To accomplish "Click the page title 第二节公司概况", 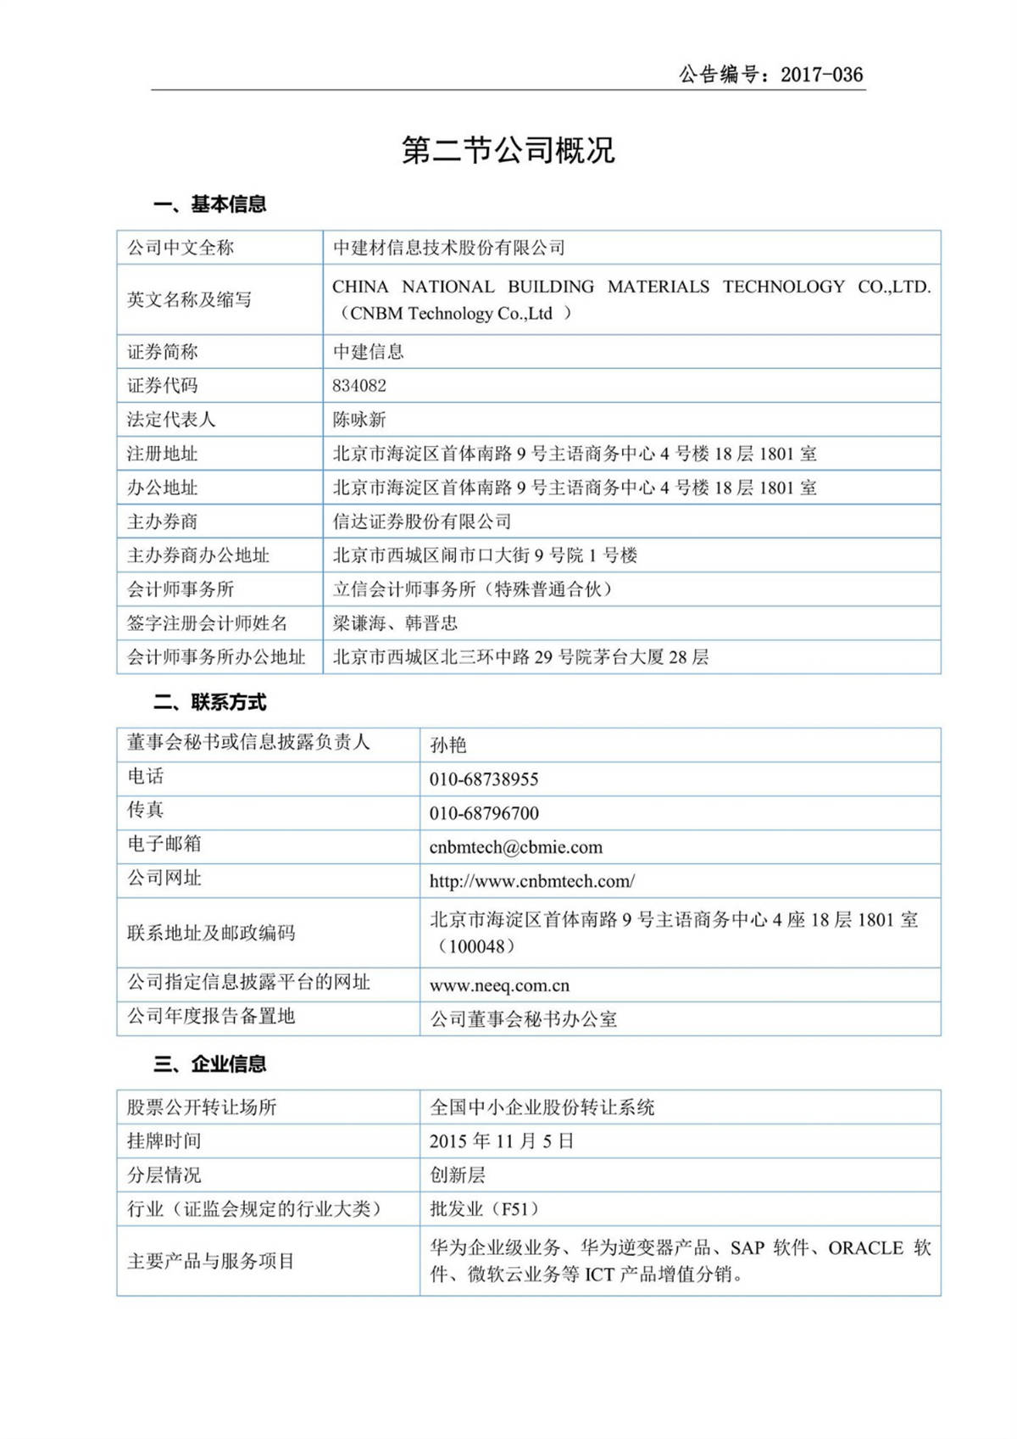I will pos(508,150).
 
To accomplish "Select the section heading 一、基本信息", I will pos(209,204).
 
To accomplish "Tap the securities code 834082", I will pos(359,386).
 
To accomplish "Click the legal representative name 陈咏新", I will pos(359,420).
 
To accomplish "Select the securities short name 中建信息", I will pos(368,352).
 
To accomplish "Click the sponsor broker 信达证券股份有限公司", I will pos(422,521).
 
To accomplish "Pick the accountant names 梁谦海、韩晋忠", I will pos(395,623).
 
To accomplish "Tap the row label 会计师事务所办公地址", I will pos(216,657).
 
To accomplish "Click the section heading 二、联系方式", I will pos(209,702).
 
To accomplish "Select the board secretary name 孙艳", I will pos(447,745).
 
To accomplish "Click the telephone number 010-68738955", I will pos(483,779).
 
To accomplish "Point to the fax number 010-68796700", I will pos(483,813).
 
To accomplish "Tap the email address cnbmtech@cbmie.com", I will pos(515,847).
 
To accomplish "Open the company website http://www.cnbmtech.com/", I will pos(531,881).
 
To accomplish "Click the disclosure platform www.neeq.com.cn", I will pos(499,985).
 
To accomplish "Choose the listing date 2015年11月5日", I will pos(502,1141).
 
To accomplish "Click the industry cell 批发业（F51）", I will pos(484,1209).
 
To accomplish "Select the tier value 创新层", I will pos(458,1175).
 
